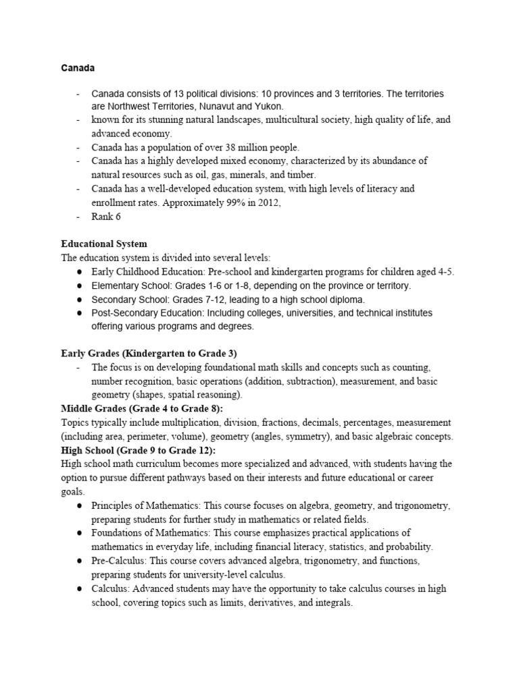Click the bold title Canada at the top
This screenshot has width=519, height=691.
[x=77, y=69]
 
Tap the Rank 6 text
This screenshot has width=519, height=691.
[x=108, y=216]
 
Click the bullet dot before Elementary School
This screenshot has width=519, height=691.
[x=80, y=285]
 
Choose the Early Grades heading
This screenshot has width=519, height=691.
[x=149, y=354]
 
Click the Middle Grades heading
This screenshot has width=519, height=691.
[x=142, y=409]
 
